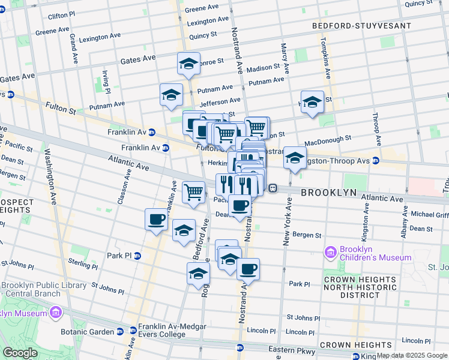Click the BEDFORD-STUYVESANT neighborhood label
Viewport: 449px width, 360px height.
point(362,26)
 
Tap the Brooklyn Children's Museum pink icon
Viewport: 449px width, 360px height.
point(330,253)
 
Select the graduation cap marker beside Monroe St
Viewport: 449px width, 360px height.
point(188,64)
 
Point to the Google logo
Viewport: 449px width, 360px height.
point(20,352)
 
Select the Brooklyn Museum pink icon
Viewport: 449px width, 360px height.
point(55,313)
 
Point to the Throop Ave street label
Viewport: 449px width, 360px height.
point(376,129)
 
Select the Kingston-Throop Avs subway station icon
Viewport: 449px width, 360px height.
point(376,160)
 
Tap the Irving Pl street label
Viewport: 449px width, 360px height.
point(106,82)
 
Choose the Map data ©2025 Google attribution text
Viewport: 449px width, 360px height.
point(411,355)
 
